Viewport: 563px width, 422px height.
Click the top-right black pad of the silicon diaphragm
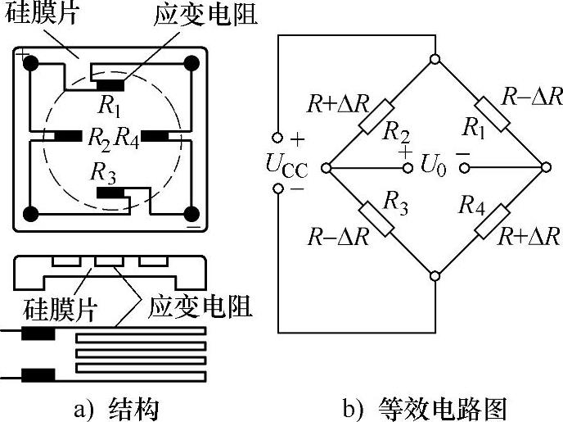coord(191,62)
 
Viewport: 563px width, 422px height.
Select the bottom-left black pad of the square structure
coord(31,215)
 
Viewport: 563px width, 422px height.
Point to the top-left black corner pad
coord(31,62)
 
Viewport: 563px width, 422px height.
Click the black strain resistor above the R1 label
coord(110,83)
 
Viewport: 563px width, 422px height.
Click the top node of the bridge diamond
coord(435,59)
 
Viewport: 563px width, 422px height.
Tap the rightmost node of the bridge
coord(546,168)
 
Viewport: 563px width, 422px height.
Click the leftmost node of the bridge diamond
coord(325,168)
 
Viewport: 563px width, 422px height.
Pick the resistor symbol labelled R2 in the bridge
coord(381,114)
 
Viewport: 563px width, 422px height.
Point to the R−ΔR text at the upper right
coord(531,97)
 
